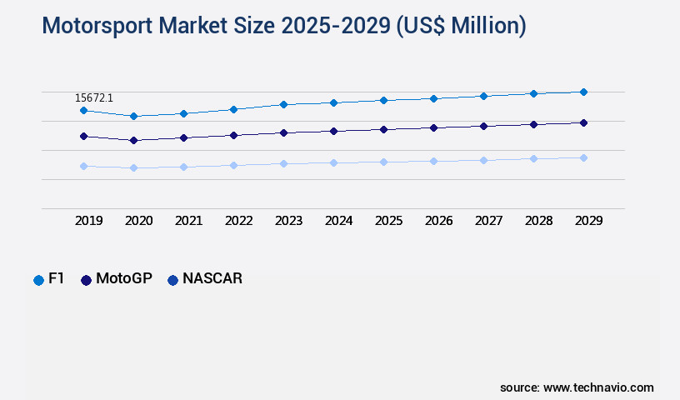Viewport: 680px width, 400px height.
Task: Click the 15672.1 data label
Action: [x=93, y=98]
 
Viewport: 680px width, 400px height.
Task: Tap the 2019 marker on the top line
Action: [x=83, y=110]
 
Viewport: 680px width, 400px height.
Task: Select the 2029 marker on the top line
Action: [x=583, y=92]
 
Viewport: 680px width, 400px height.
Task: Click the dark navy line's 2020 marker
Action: [x=133, y=140]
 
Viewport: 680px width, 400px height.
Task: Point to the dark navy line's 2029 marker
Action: [x=583, y=122]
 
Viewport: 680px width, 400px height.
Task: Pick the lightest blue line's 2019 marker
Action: [x=83, y=166]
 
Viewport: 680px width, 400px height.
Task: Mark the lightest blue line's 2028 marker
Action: [x=533, y=158]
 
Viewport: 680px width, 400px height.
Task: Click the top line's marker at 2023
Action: [x=283, y=104]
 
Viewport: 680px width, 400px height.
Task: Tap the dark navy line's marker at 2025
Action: [x=383, y=129]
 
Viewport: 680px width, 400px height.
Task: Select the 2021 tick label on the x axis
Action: [x=188, y=221]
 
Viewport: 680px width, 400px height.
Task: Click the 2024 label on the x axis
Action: [x=338, y=221]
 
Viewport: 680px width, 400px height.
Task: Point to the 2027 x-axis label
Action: [x=488, y=221]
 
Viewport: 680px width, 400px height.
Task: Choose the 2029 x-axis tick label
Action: [x=588, y=221]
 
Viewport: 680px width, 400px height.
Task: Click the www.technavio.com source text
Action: [x=598, y=387]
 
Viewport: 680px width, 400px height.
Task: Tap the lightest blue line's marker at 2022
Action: [x=233, y=165]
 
